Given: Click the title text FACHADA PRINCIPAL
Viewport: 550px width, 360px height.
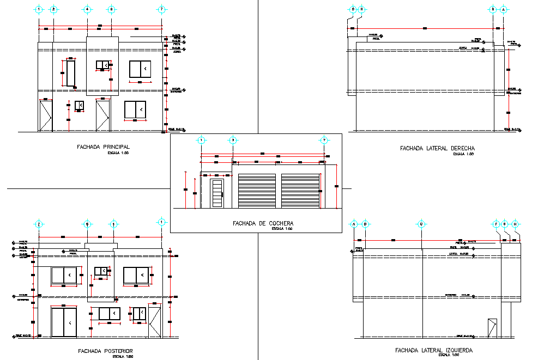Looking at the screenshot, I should [x=104, y=147].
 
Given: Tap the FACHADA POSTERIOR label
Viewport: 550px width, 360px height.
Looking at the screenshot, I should [x=106, y=351].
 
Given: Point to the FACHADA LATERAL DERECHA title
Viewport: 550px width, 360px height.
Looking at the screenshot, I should [x=437, y=148].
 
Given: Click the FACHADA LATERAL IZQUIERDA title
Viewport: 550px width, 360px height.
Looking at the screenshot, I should [x=434, y=350].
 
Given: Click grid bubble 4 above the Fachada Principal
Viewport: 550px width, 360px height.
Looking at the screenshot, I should [x=87, y=9].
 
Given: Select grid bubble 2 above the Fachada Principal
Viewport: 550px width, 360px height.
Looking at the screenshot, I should [x=53, y=9].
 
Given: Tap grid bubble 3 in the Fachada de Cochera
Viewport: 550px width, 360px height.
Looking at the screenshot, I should [x=233, y=141].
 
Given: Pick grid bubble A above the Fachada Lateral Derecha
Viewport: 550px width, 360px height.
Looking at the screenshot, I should [x=504, y=9].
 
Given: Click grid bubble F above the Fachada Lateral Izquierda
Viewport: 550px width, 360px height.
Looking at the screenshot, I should [x=496, y=224].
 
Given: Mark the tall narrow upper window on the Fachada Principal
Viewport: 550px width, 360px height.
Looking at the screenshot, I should [x=71, y=74].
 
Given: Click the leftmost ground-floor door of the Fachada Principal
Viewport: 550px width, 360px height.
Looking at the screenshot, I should [x=45, y=115].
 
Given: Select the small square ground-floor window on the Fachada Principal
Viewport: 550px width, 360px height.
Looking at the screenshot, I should [x=79, y=105].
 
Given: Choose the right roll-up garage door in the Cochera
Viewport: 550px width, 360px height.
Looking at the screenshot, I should [x=300, y=191].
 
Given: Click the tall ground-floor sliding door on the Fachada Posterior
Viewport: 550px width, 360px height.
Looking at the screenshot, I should [x=64, y=322].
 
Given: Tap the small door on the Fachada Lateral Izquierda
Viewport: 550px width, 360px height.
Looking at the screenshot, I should [x=493, y=329].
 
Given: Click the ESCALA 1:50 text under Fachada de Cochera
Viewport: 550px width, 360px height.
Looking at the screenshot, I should [x=282, y=229].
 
